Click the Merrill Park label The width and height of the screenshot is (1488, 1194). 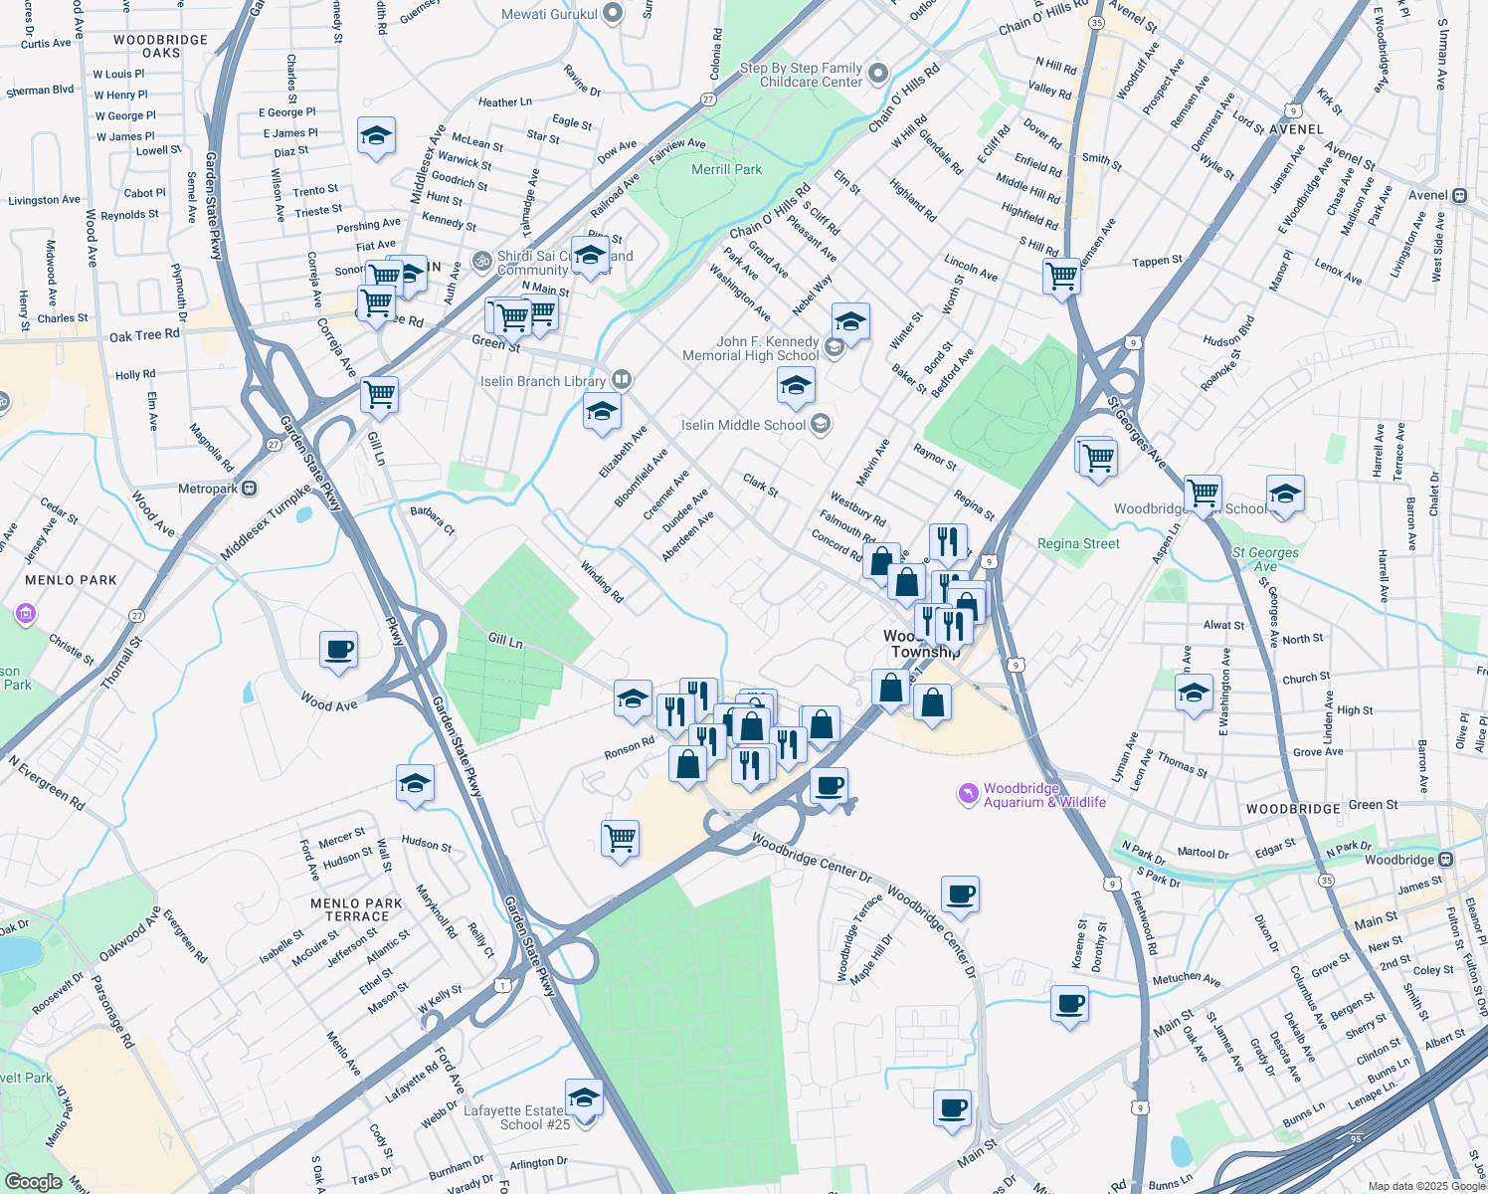pos(726,169)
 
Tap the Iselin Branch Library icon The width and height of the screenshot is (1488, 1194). pos(621,379)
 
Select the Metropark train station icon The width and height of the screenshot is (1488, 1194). pos(249,489)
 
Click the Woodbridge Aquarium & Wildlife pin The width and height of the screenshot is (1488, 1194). pos(968,793)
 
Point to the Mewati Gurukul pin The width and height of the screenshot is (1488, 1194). pos(613,13)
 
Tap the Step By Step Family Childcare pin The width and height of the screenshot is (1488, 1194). pos(877,73)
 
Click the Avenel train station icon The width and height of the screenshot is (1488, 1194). pos(1459,195)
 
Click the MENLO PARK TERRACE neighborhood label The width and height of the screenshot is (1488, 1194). pos(356,909)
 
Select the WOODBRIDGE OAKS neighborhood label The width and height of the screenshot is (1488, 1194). pos(161,46)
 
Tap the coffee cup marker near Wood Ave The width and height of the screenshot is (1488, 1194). pos(339,651)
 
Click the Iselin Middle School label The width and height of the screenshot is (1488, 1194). pos(743,425)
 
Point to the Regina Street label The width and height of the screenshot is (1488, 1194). pos(1078,543)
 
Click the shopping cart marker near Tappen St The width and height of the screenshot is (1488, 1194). pos(1062,275)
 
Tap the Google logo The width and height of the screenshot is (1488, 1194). pos(33,1181)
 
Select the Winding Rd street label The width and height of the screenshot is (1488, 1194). pos(602,582)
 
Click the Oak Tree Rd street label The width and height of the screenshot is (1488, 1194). pos(144,335)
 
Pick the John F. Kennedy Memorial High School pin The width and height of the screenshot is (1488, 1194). pos(835,346)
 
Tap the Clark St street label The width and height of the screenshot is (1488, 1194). pos(761,485)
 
